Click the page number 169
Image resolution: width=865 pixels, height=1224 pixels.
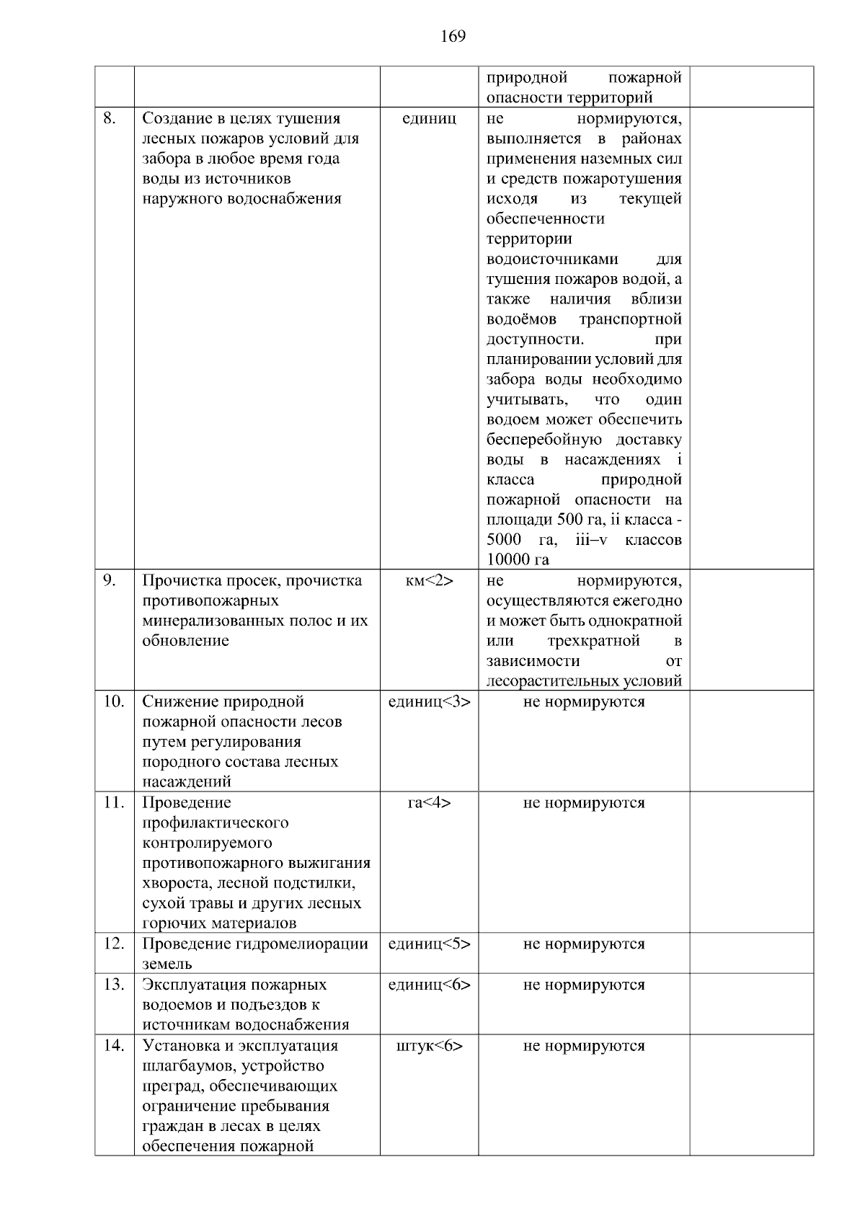pos(453,36)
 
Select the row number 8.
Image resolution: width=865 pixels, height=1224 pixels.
pos(110,119)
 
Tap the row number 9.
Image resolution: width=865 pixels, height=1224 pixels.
pos(110,581)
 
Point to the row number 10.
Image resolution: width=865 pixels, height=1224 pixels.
pos(113,702)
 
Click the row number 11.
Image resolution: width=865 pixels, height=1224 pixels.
pos(113,803)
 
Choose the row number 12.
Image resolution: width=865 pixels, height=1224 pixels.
pos(113,944)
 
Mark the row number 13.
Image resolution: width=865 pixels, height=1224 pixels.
pos(113,985)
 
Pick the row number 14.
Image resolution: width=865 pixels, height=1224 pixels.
pos(113,1046)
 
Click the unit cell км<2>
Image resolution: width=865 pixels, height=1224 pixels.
pos(429,581)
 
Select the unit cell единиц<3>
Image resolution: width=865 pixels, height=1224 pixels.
pos(429,702)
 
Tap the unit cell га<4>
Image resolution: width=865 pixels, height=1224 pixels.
pos(429,803)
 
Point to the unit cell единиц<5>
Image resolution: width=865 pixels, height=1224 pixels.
pos(429,944)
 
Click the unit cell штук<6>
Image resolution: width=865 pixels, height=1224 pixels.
pos(429,1046)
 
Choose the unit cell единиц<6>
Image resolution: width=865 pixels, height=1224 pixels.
pos(429,985)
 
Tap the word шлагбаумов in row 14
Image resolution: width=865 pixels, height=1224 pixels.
pos(188,1066)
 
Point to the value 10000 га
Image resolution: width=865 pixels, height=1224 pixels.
pos(518,560)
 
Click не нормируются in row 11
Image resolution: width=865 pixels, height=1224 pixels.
pos(584,803)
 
